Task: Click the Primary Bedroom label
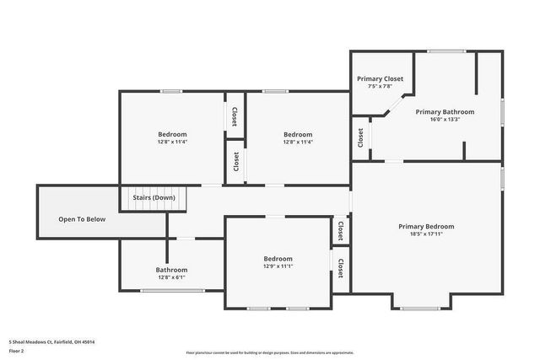tap(426, 226)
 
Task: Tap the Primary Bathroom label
tap(445, 111)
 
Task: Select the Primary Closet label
tap(380, 78)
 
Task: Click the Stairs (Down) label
tap(153, 197)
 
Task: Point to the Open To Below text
tap(82, 219)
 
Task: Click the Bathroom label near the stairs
tap(171, 270)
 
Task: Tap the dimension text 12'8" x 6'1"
tap(171, 277)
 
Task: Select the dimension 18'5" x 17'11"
tap(426, 234)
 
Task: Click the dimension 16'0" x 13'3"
tap(445, 119)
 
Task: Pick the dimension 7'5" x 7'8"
tap(380, 86)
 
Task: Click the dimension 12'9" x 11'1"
tap(278, 266)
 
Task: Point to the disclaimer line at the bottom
tap(269, 352)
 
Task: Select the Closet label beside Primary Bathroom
tap(360, 137)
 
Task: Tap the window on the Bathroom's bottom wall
tap(172, 291)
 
